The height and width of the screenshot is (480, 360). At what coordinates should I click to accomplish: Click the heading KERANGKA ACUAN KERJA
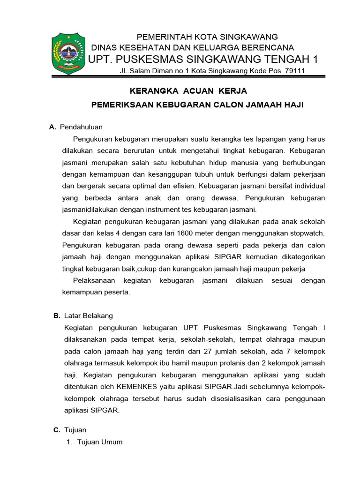pos(181,90)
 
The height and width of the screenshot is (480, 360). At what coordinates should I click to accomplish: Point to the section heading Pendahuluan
pos(82,127)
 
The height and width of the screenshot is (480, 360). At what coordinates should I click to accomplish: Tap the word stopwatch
pos(307,233)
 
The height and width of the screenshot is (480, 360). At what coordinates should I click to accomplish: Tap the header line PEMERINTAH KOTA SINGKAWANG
pos(207,37)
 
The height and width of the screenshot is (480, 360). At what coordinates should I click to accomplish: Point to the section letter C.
pos(57,429)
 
